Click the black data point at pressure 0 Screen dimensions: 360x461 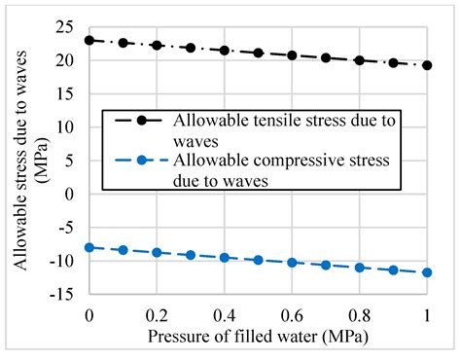tap(89, 41)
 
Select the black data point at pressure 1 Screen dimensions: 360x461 tap(427, 65)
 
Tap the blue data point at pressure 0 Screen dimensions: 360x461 tap(89, 247)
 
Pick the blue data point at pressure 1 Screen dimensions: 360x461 tap(427, 272)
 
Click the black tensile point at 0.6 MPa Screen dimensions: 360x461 tap(292, 55)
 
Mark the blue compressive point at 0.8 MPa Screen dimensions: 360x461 tap(360, 267)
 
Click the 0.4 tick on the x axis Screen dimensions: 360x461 tap(225, 316)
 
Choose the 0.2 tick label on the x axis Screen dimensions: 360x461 tap(157, 316)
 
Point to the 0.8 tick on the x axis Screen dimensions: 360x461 tap(360, 316)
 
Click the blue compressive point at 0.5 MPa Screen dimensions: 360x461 tap(258, 260)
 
